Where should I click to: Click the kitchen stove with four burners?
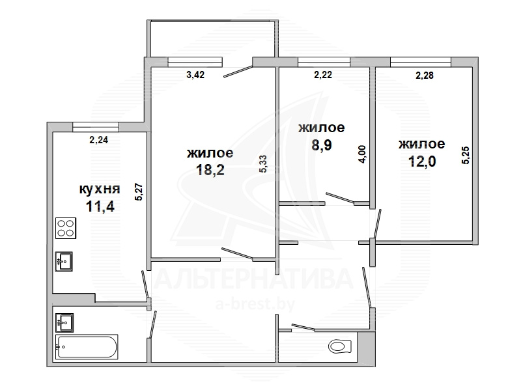point(66,229)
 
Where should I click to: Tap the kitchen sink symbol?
point(64,262)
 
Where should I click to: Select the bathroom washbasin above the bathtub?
point(64,322)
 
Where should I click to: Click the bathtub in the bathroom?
point(87,347)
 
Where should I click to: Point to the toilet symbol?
point(340,346)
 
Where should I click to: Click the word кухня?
point(100,189)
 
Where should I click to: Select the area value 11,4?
point(100,206)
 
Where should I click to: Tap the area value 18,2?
point(210,170)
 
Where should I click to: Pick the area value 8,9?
point(322,145)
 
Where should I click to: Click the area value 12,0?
point(422,161)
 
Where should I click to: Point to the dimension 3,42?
point(195,75)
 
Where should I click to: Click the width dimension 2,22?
point(323,75)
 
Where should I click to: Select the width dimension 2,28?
point(425,76)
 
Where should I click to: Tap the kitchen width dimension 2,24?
point(99,140)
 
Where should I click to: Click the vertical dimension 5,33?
point(263,164)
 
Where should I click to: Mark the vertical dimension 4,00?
point(362,154)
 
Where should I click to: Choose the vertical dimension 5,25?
point(466,155)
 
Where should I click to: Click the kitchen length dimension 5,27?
point(139,192)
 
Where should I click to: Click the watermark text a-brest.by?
point(255,304)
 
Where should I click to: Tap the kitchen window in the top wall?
point(96,127)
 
